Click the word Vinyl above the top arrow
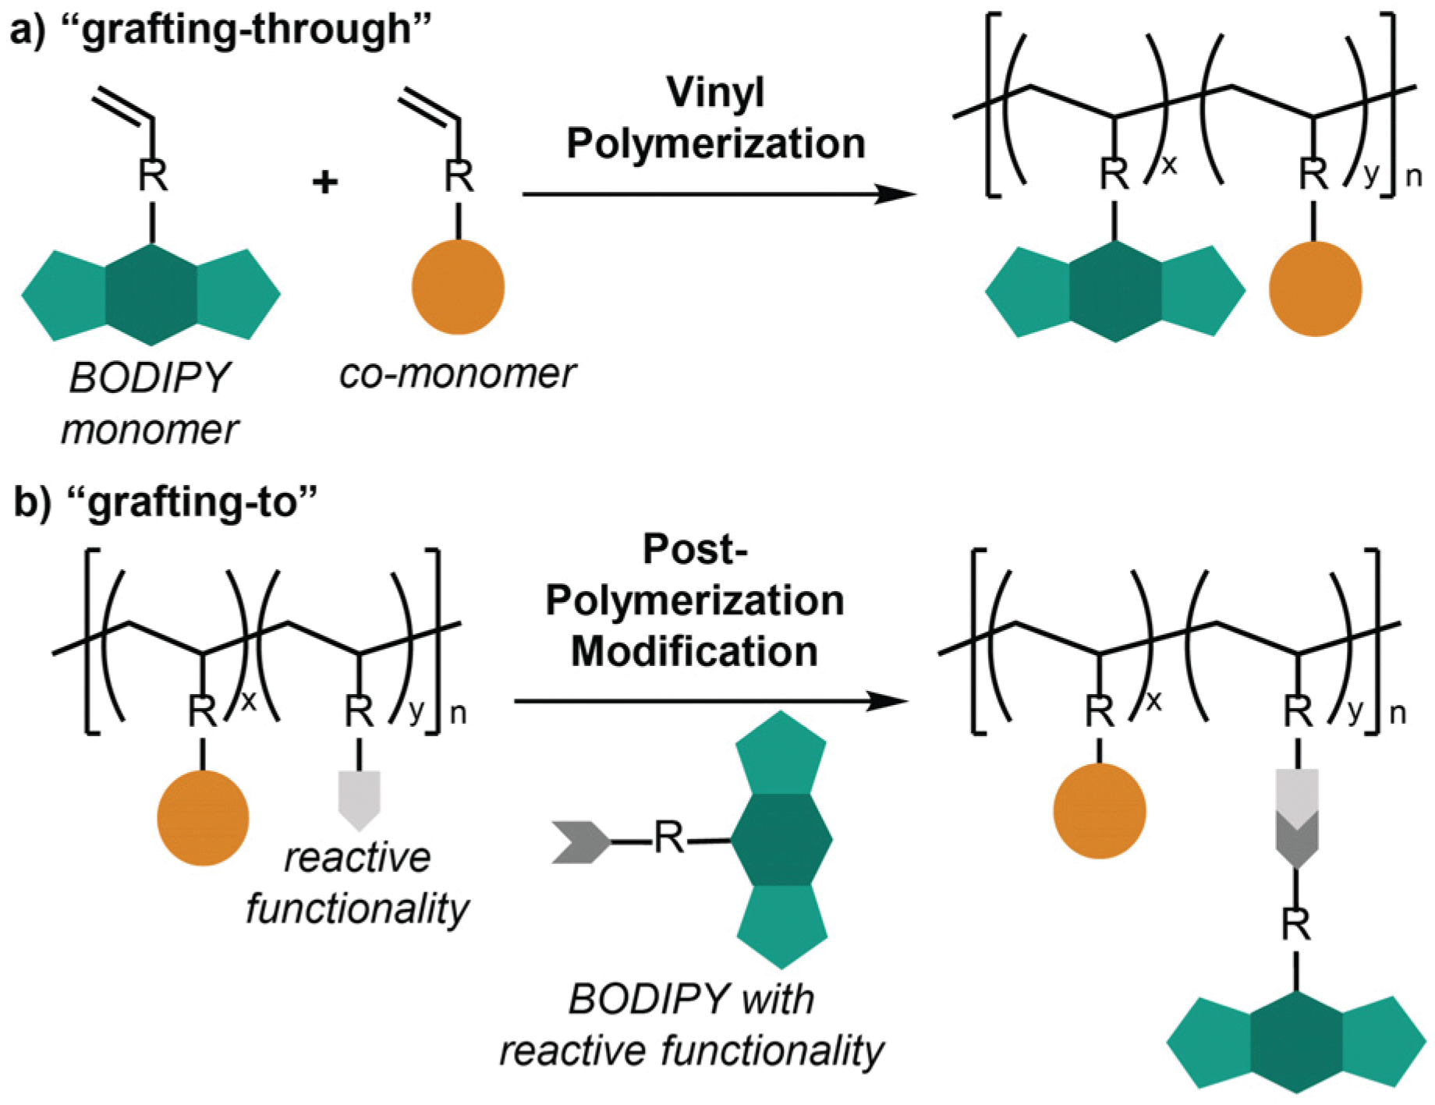[715, 93]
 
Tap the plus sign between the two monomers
[324, 182]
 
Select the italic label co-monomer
[458, 374]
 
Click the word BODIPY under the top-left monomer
[150, 378]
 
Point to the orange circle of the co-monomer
[458, 287]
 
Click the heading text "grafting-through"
[246, 30]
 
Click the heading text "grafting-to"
[193, 501]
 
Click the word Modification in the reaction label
[694, 651]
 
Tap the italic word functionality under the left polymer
[357, 908]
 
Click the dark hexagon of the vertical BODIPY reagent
[781, 840]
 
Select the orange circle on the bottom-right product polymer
[1099, 811]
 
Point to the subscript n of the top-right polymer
[1413, 177]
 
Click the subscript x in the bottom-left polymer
[249, 702]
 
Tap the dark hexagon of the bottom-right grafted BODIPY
[1295, 1043]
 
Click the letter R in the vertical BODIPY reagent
[668, 838]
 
